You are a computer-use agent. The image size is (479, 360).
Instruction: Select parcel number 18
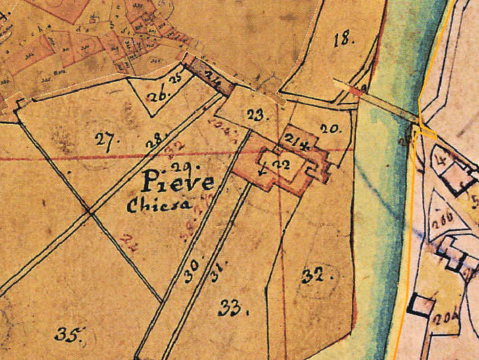344,39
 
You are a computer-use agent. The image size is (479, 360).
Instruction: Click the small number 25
177,79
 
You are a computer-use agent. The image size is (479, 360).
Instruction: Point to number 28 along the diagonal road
156,142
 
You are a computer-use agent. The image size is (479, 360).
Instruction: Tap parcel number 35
70,333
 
